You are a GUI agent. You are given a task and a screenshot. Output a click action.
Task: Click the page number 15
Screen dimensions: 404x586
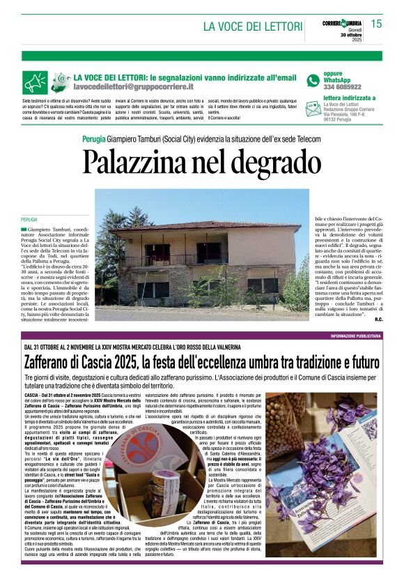[x=376, y=24]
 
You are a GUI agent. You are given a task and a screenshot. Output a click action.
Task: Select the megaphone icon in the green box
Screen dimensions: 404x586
[x=34, y=82]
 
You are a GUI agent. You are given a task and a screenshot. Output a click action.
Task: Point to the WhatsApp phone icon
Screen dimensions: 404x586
[x=313, y=80]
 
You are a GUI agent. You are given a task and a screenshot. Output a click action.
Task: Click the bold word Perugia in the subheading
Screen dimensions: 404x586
[x=95, y=138]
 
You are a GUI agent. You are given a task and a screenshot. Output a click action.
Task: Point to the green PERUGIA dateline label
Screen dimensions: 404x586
[x=29, y=220]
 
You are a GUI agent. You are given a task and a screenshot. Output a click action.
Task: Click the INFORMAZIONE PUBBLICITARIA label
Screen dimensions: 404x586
[x=355, y=336]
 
